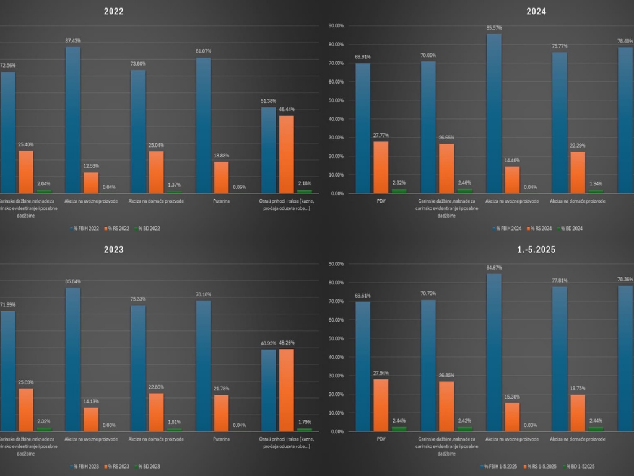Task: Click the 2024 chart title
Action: pos(536,11)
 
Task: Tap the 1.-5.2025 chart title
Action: pos(536,250)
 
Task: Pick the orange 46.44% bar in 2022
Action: pos(286,155)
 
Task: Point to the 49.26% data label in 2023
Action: pos(287,342)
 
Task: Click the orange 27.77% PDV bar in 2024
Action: pos(381,167)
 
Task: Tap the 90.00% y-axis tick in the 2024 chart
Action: pos(336,26)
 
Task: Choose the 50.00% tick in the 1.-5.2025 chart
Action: pos(336,338)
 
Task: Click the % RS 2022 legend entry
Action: pos(112,228)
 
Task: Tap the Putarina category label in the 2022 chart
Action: pos(204,201)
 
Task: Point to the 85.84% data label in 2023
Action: pos(72,281)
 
